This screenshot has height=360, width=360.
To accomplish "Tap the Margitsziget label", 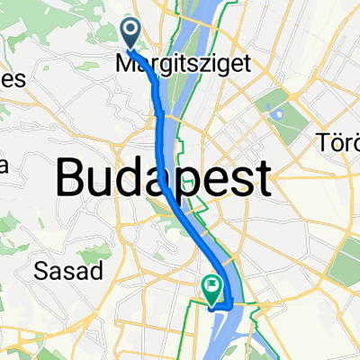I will click(x=168, y=64).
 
